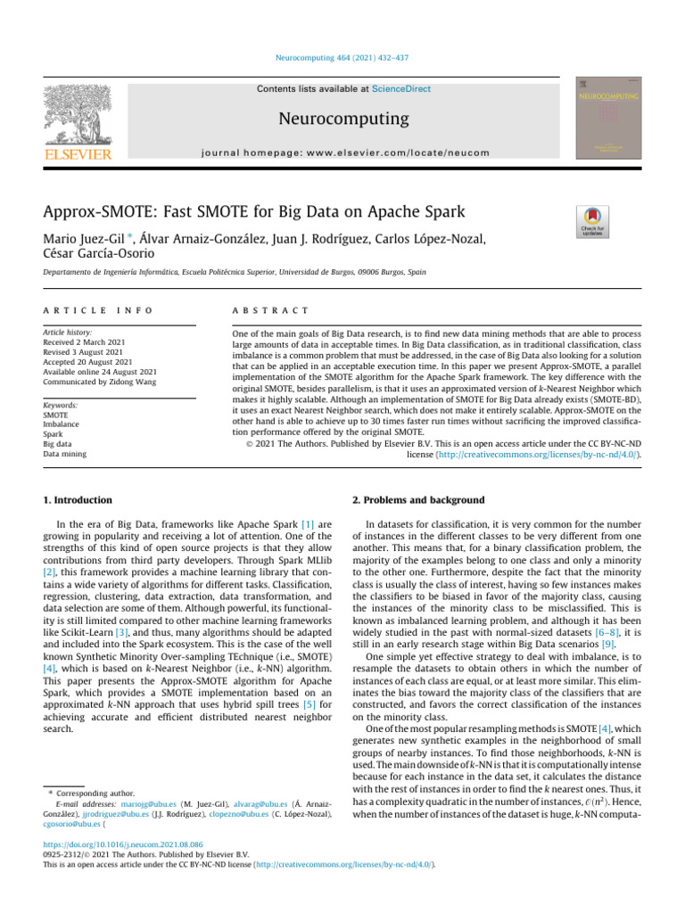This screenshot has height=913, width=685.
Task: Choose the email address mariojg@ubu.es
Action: coord(151,802)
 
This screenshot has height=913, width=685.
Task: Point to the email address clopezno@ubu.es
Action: coord(235,812)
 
